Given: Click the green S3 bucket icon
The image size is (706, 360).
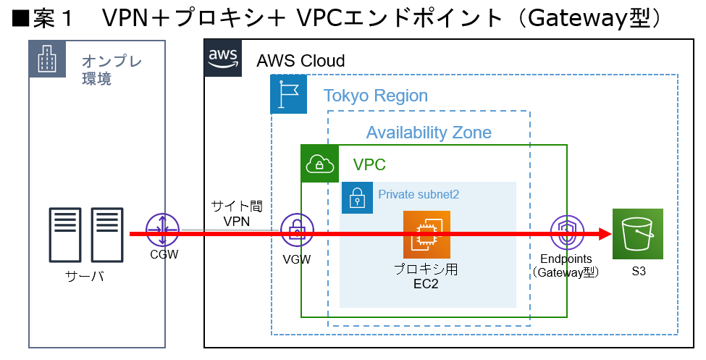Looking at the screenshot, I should point(637,234).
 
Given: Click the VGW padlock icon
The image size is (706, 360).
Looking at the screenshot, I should point(296,230).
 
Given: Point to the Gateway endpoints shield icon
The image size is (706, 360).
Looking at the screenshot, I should point(567,233).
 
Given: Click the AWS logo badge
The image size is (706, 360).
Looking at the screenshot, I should point(222,58).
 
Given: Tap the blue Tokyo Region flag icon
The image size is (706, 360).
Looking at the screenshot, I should point(288,95).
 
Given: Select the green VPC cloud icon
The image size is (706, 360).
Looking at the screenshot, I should point(319,164).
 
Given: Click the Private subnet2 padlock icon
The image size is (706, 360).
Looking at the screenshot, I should point(357,197).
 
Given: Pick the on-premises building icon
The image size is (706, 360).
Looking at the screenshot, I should point(47,59).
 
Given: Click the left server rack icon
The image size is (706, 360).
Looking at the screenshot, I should point(65,235).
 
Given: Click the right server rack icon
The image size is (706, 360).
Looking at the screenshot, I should point(106,235).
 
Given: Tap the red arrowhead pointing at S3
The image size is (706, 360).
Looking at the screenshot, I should point(602,234).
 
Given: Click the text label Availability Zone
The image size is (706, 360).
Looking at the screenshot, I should point(429,133).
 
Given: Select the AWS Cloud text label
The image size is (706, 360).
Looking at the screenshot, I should point(301,60).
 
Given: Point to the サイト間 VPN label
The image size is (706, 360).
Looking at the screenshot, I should point(237,214).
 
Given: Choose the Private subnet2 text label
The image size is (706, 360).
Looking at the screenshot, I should point(419,194).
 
